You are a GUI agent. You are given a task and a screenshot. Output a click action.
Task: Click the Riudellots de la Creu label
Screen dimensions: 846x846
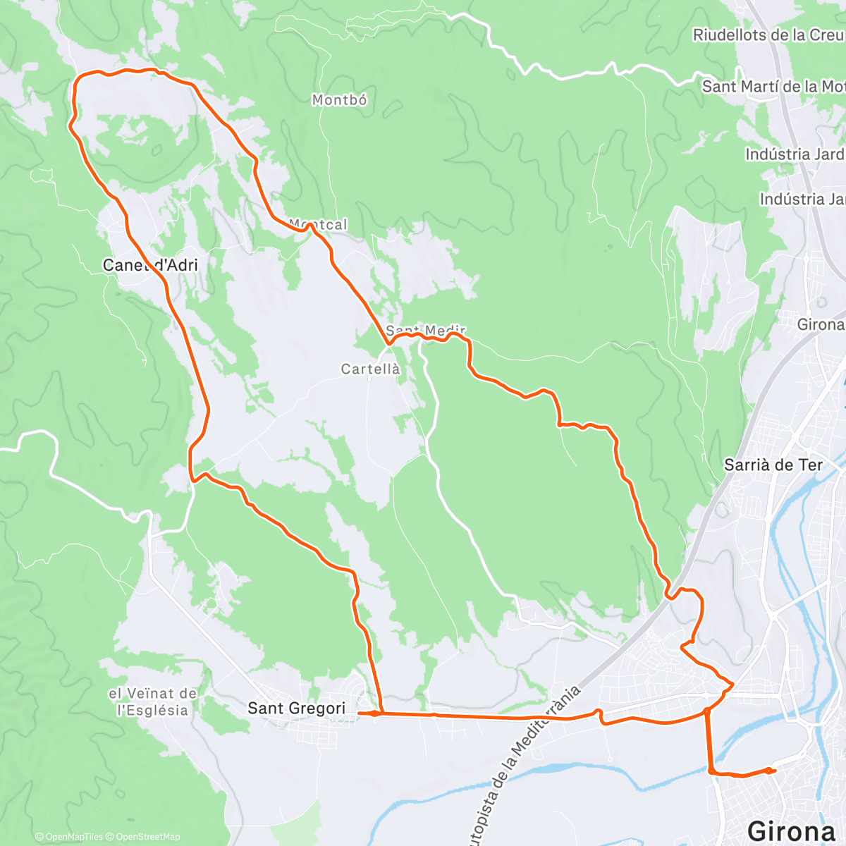(x=768, y=35)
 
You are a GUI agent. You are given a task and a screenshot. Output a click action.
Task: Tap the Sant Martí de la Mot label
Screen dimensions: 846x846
(x=773, y=87)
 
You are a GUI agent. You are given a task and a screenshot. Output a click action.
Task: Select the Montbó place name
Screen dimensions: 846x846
(x=340, y=101)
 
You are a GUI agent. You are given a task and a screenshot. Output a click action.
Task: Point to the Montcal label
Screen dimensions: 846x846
(x=319, y=225)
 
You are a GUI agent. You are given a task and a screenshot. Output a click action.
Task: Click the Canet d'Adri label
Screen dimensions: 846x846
(x=150, y=266)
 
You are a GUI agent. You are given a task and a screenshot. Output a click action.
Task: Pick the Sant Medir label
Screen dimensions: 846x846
(x=426, y=331)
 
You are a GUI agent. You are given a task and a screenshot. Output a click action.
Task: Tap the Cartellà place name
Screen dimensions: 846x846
(x=371, y=369)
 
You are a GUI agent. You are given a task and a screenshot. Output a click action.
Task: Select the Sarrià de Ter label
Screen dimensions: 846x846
(x=773, y=465)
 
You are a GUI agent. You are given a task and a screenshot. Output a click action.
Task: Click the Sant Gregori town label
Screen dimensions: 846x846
(x=297, y=709)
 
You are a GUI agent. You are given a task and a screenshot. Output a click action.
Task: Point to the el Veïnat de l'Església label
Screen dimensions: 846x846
(x=153, y=702)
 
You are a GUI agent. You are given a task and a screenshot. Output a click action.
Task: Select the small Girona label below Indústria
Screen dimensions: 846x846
(x=821, y=325)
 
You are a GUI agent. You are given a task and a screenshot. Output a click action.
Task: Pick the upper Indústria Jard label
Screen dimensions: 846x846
(x=795, y=154)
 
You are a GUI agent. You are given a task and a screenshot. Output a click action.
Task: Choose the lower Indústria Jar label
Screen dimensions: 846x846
(x=802, y=200)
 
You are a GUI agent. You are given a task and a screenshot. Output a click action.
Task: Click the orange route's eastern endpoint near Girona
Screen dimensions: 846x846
(x=774, y=771)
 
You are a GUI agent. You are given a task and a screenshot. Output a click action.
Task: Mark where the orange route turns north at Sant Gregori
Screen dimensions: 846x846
(x=381, y=713)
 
